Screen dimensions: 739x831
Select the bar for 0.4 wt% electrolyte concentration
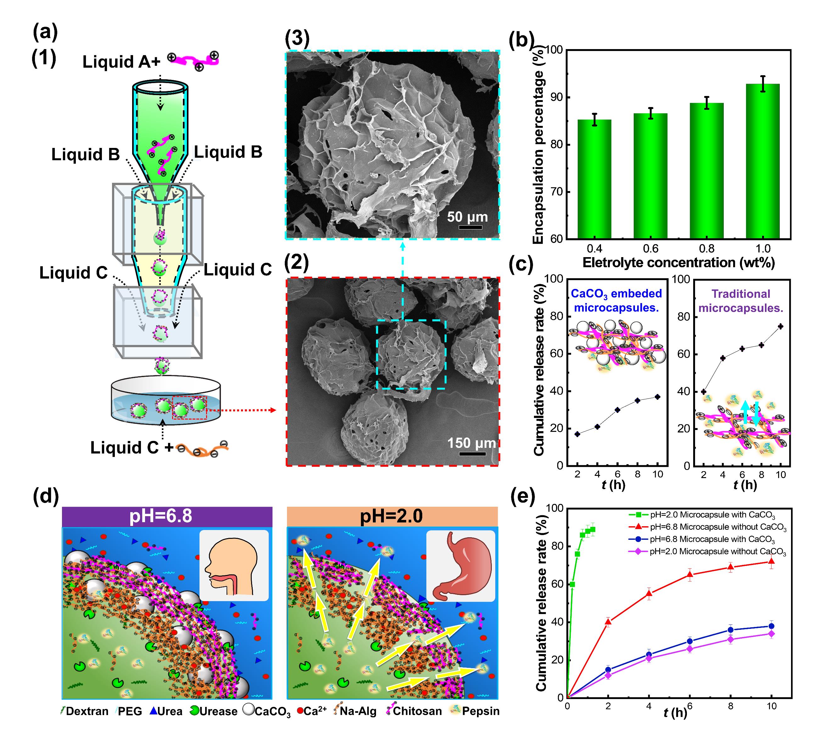coord(594,179)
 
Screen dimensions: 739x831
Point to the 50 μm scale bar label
coord(467,217)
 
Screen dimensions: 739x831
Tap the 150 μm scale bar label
coord(471,443)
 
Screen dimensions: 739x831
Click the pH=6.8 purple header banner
coord(167,516)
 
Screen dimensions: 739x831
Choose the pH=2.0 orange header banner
coord(392,516)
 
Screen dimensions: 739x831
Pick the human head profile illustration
coord(233,565)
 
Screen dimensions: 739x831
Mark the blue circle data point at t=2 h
coord(608,669)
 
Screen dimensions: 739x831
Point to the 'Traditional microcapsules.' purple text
coord(741,301)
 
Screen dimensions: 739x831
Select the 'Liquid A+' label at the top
coord(121,62)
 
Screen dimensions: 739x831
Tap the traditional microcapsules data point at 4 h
coord(723,358)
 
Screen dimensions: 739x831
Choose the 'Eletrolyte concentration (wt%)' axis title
coord(678,263)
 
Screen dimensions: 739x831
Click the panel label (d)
coord(46,497)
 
